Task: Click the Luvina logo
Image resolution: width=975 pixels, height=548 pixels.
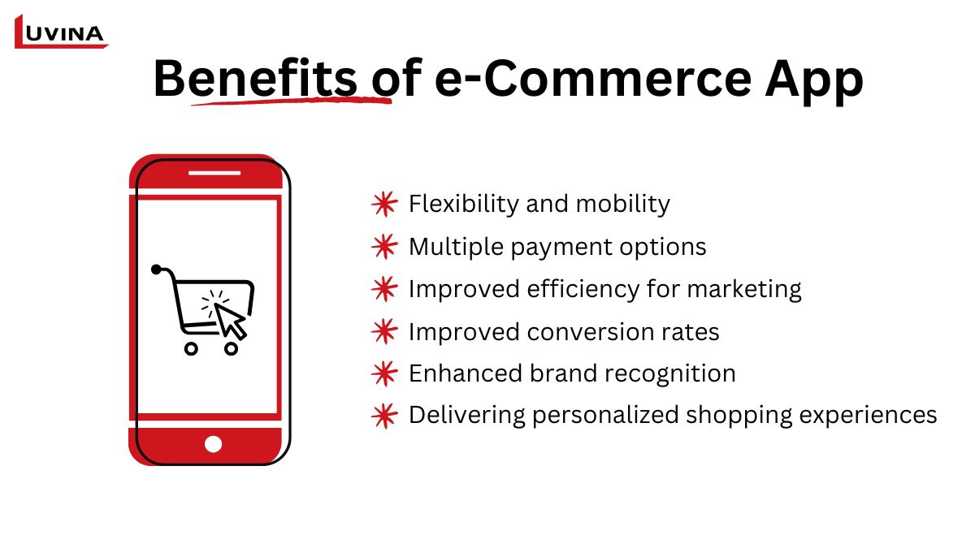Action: click(x=61, y=32)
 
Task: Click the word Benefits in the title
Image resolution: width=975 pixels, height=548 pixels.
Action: click(x=255, y=79)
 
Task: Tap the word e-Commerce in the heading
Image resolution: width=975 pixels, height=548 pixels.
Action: click(x=593, y=79)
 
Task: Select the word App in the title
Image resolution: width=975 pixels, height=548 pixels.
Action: click(x=814, y=81)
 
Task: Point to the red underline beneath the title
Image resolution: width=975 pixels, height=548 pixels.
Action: click(x=292, y=101)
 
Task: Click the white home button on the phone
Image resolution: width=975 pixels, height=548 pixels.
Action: click(x=213, y=444)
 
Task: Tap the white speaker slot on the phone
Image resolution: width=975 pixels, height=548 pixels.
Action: click(x=214, y=173)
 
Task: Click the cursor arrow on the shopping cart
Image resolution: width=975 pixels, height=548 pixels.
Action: click(x=230, y=321)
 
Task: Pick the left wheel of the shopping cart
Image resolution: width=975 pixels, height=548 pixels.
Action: click(x=191, y=348)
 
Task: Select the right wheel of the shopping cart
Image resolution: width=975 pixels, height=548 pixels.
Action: click(x=231, y=348)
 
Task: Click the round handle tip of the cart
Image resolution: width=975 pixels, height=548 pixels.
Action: click(x=156, y=270)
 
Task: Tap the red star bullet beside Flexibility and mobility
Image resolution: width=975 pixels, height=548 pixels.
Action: click(x=385, y=204)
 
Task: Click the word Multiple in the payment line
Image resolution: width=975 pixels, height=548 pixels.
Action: click(x=456, y=248)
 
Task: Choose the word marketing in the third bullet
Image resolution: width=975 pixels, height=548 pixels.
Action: click(x=744, y=290)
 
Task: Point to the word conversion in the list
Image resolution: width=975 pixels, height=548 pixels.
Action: click(x=591, y=332)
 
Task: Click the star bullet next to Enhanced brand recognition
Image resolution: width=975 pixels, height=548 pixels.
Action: click(x=385, y=373)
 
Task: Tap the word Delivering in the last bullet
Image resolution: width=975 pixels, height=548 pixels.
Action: click(x=467, y=416)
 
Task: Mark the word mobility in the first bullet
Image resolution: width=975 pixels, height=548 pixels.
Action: click(x=623, y=205)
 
